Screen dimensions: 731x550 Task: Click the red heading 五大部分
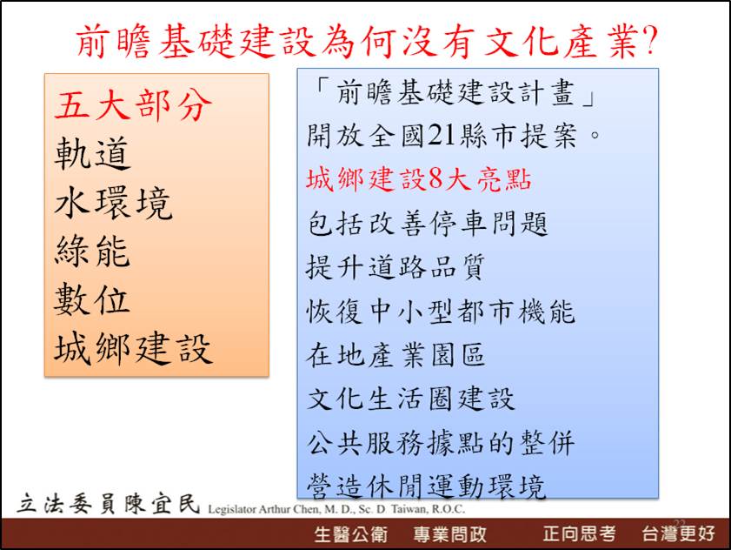point(133,104)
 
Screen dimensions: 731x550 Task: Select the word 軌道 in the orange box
point(92,153)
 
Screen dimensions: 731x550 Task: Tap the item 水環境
point(113,203)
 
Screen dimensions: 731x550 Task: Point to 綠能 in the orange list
point(92,252)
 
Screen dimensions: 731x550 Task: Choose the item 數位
point(92,299)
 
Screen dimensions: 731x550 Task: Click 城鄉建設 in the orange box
point(133,348)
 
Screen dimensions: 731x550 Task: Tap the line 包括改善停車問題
point(427,223)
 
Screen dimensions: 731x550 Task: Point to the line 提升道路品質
point(395,267)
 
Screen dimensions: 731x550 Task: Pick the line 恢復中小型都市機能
point(441,311)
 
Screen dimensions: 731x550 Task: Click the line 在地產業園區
point(395,355)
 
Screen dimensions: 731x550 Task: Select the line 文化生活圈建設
point(411,399)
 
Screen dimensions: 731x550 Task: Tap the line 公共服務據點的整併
point(441,443)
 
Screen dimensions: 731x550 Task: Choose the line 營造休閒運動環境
point(426,486)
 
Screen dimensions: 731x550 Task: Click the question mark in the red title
point(649,40)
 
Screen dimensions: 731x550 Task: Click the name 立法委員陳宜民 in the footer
point(109,503)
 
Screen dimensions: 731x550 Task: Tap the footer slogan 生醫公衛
point(351,534)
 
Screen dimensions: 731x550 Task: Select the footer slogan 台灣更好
point(678,533)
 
